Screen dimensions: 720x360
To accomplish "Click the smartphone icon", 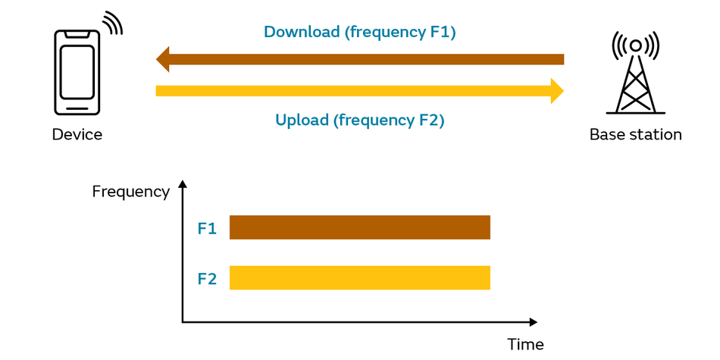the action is (x=77, y=72).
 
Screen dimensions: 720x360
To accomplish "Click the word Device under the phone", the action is (x=77, y=135).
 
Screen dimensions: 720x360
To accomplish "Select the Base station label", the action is (x=636, y=135).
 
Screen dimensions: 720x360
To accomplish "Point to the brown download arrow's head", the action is (x=163, y=59).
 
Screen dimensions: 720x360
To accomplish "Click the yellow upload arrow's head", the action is (x=557, y=91).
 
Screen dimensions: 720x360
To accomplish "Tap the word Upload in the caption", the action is (x=302, y=121).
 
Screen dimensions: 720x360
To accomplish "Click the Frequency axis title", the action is (x=131, y=192).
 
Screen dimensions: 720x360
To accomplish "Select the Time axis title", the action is (x=525, y=344).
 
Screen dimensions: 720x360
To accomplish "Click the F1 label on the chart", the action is (x=207, y=229).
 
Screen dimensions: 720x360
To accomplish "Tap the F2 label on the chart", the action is (x=207, y=278).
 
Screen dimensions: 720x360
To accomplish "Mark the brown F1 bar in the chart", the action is (x=360, y=227).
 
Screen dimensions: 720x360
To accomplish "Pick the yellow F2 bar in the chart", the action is (x=360, y=278).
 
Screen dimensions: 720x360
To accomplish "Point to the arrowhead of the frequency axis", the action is (x=183, y=183).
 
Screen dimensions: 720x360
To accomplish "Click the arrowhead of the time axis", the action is (x=533, y=322).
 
